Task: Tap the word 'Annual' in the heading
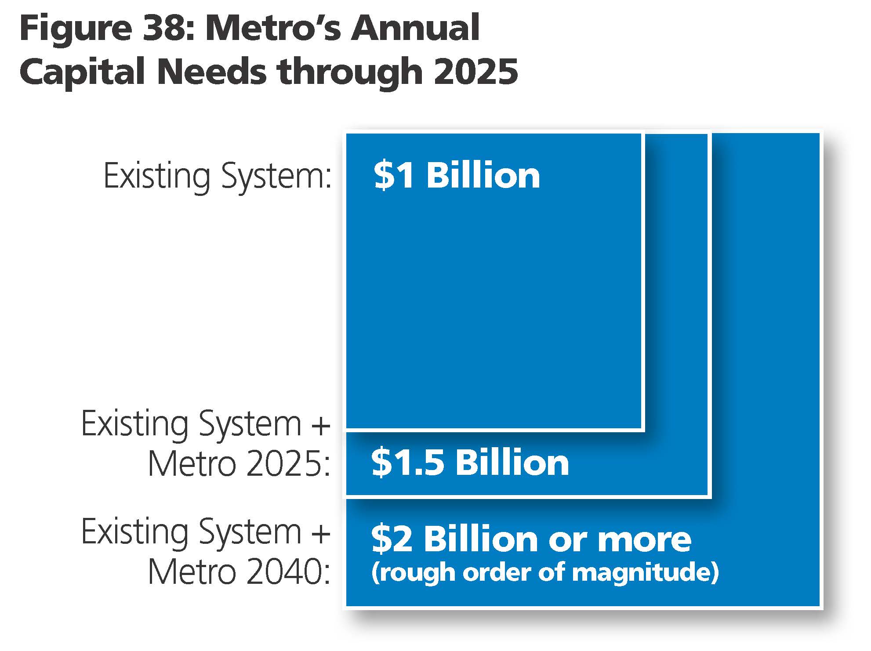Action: [x=415, y=28]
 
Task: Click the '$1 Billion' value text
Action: [x=457, y=176]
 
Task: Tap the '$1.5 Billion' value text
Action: [x=470, y=463]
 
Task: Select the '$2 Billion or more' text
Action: [x=531, y=539]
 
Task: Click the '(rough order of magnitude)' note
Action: [x=545, y=573]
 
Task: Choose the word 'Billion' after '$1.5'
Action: [x=512, y=463]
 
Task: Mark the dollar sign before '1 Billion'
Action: [x=383, y=176]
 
